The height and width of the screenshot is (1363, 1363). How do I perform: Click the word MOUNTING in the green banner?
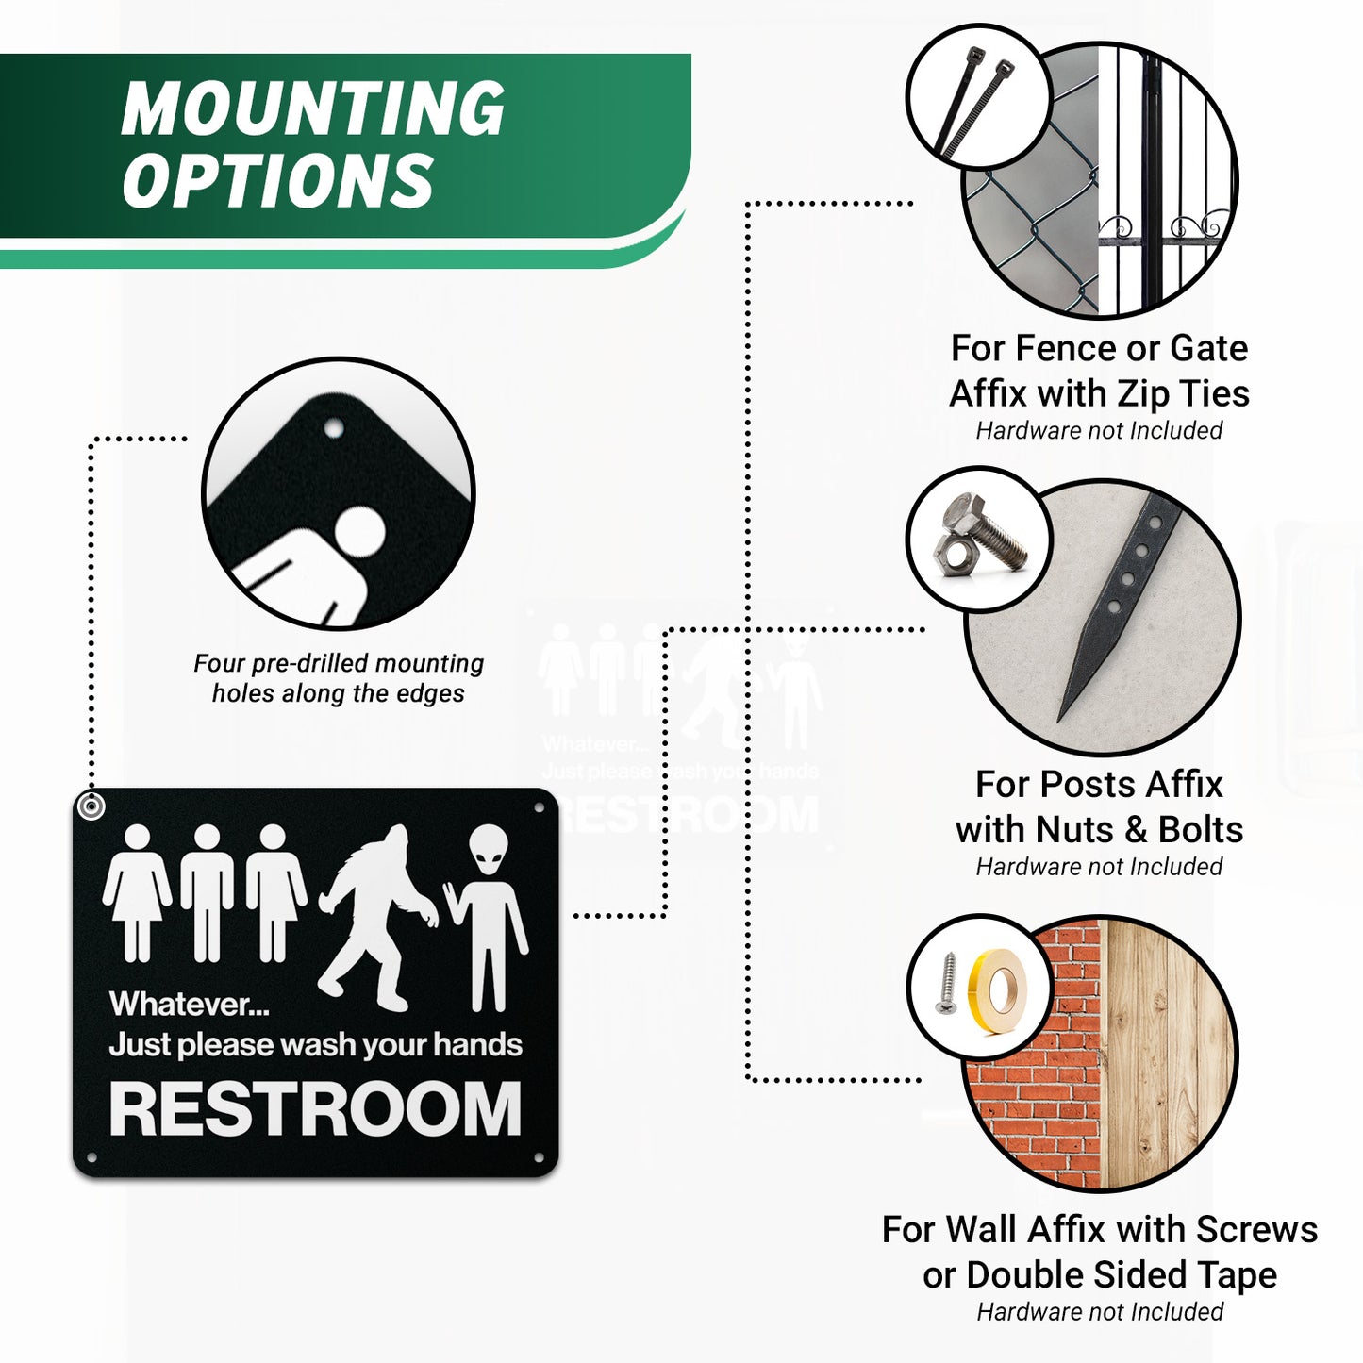312,109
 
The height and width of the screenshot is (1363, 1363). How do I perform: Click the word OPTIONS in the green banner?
277,180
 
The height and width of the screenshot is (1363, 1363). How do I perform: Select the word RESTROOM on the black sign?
315,1109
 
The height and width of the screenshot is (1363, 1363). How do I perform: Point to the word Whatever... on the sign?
189,1005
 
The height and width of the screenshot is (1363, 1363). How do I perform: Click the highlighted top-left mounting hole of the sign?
91,806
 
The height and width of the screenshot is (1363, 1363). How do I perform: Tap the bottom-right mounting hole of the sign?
540,1156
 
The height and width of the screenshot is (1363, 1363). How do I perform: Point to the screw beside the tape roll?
946,984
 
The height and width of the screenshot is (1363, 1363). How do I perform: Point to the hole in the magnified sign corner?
332,429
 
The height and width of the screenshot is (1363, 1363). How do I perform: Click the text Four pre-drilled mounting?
338,663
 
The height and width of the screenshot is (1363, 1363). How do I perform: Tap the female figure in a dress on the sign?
138,891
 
